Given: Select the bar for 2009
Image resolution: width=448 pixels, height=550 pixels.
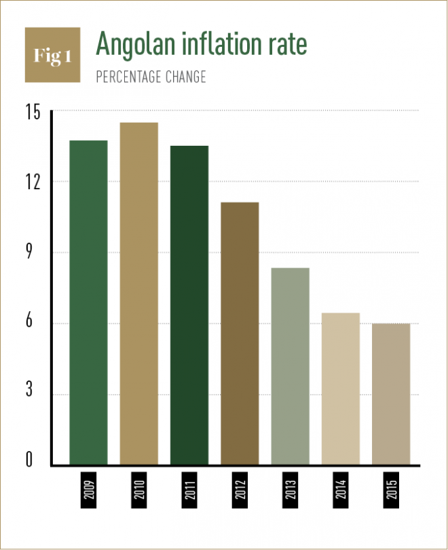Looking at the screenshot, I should pos(88,302).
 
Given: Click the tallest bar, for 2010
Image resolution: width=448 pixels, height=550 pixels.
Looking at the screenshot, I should pos(139,294).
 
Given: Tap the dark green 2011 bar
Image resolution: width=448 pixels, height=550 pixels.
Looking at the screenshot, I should pos(189,305).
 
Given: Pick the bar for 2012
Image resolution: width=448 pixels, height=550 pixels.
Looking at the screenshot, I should pos(240,334).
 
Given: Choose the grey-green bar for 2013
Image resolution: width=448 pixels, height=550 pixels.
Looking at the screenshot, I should pos(291,366).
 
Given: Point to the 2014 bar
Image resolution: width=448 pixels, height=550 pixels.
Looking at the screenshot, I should pos(341,389).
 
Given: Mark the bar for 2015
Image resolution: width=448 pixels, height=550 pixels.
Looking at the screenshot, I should pos(392,394).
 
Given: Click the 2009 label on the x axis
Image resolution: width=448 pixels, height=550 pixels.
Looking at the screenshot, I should pos(89,489).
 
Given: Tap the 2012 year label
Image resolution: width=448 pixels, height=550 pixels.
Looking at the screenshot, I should pos(240,489).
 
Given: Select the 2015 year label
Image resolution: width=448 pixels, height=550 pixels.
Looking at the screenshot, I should pos(392,489).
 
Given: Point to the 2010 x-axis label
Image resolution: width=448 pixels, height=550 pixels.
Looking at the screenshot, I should pos(139,489).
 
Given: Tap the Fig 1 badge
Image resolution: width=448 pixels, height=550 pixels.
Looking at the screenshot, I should pos(52,56).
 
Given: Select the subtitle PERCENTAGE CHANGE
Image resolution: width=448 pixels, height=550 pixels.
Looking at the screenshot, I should pos(151,77).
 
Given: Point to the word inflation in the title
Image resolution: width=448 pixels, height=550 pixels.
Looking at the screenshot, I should pos(218,43).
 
